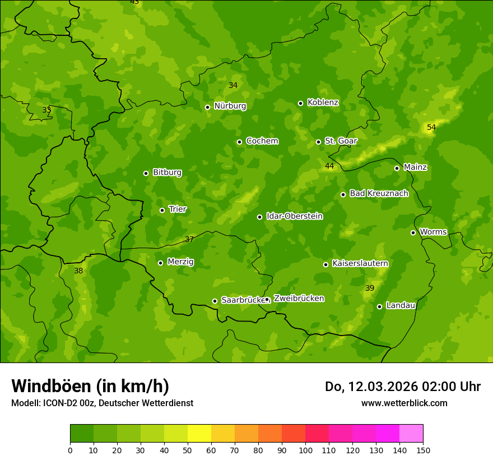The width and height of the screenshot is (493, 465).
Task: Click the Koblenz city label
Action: (323, 103)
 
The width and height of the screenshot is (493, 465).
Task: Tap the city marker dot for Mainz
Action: (397, 168)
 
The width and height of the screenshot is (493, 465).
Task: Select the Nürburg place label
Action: (230, 106)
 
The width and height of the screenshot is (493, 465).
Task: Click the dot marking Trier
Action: (162, 211)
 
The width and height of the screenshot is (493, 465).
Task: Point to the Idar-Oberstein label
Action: (294, 216)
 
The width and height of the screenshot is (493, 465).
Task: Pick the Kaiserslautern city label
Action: (360, 263)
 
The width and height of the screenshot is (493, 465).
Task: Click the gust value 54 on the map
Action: (431, 128)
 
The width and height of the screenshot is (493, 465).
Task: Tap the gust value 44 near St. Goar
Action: (329, 166)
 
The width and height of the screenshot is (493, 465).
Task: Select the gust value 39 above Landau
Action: (369, 289)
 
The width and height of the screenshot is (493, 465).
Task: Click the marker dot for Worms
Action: (413, 232)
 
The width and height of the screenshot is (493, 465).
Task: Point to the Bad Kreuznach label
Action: (379, 193)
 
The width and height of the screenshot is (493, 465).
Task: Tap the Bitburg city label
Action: (167, 173)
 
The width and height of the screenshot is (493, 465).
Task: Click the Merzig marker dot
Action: (160, 263)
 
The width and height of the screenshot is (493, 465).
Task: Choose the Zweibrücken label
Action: (299, 299)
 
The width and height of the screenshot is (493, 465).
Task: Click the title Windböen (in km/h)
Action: (90, 386)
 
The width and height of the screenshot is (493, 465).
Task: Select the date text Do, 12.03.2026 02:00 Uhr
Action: (402, 387)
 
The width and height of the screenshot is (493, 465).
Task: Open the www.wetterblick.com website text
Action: (404, 403)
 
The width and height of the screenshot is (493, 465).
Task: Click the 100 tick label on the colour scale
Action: (305, 450)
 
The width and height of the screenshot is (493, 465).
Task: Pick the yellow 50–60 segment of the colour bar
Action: (199, 434)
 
